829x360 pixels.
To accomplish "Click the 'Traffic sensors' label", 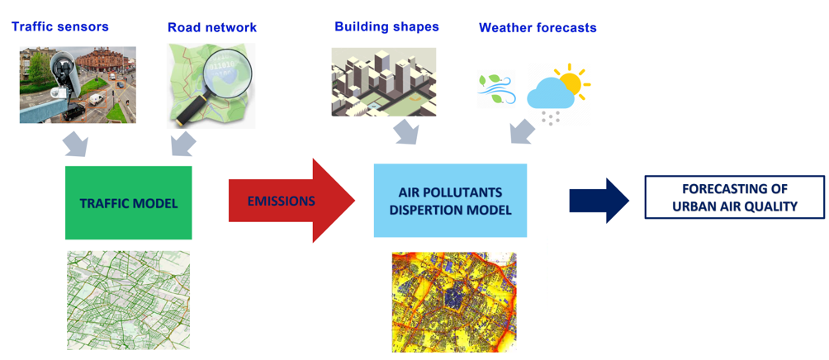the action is tap(59, 26).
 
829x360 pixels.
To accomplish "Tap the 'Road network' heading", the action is tap(212, 27).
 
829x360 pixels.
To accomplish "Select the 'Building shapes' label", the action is tap(386, 26).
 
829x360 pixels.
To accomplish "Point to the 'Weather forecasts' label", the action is tap(538, 27).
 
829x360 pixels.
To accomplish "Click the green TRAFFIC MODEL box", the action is tap(129, 203).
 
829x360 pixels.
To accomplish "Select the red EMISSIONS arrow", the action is tap(291, 201).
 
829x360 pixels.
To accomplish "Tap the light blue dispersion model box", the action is tap(451, 201).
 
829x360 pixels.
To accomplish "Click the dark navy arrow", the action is tap(599, 201).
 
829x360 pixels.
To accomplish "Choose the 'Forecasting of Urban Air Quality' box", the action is tap(734, 197).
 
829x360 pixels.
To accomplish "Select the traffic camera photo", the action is tap(78, 84).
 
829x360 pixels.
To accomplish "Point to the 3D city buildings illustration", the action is tap(384, 82).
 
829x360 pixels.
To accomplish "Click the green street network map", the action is tap(129, 301).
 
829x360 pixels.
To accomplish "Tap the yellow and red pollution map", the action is tap(454, 302).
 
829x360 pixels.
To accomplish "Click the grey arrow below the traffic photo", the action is tap(76, 144).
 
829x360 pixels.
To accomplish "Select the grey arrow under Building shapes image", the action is tap(405, 131).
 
